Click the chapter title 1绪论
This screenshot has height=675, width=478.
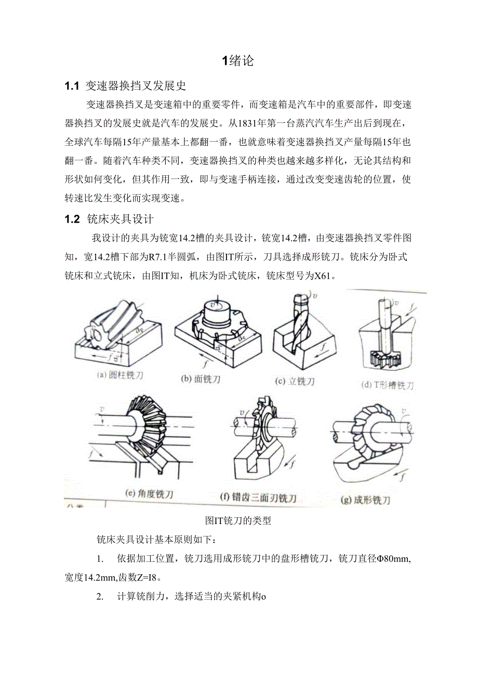point(238,61)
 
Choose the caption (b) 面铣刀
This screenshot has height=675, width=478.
point(201,379)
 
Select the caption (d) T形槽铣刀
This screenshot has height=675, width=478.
point(387,385)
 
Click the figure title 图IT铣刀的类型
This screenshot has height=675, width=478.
point(238,521)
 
